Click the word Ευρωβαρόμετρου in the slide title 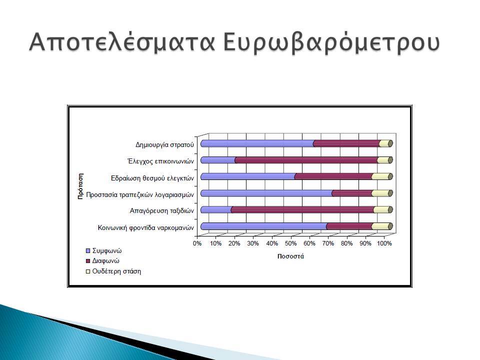[331, 42]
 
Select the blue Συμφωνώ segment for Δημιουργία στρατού [257, 143]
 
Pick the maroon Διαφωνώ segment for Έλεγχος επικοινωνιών [306, 160]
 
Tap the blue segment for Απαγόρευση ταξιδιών [216, 209]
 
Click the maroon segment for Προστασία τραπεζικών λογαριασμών [352, 193]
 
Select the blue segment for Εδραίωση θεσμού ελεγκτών [248, 176]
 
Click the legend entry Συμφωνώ [104, 250]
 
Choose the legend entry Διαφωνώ [102, 261]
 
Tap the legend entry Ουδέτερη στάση [113, 271]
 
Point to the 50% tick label [290, 243]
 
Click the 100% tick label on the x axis [384, 243]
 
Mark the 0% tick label [197, 243]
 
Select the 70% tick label [328, 243]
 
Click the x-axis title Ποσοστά [290, 256]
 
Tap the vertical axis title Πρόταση [80, 186]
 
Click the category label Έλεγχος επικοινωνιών [160, 161]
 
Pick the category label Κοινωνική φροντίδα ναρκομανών [146, 228]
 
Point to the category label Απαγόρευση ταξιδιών [162, 211]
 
